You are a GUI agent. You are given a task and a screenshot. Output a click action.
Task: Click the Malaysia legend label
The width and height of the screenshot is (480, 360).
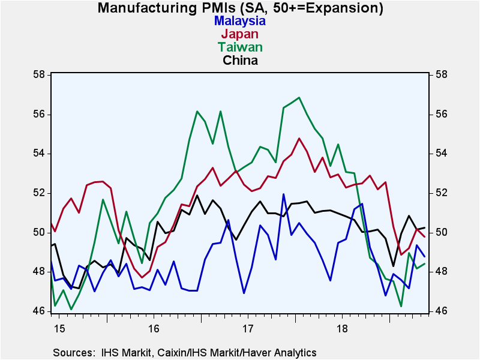click(240, 20)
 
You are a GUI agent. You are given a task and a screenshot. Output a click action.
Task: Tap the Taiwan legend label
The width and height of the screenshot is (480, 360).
click(240, 47)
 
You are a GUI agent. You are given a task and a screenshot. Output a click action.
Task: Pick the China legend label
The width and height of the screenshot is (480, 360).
click(240, 60)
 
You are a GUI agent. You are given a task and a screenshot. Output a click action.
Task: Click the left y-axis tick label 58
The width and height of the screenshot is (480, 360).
click(40, 75)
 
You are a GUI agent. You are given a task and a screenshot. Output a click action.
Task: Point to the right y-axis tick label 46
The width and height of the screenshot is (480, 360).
click(439, 311)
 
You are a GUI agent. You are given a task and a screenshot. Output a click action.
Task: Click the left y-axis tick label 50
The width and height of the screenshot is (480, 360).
click(40, 233)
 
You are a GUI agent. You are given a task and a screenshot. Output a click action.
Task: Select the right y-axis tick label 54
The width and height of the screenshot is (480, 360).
click(439, 154)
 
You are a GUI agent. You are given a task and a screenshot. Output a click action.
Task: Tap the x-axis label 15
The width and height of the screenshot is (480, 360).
click(57, 329)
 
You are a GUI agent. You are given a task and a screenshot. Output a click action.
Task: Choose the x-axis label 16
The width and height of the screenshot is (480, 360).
click(153, 329)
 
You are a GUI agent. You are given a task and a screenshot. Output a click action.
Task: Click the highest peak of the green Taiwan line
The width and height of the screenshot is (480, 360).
click(299, 97)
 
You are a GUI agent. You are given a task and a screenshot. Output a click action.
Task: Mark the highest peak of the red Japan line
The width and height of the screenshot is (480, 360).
click(299, 139)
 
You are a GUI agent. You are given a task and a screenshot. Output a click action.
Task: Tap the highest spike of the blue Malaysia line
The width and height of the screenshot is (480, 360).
click(283, 194)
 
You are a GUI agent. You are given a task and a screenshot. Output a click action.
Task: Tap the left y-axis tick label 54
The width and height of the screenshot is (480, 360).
click(40, 154)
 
